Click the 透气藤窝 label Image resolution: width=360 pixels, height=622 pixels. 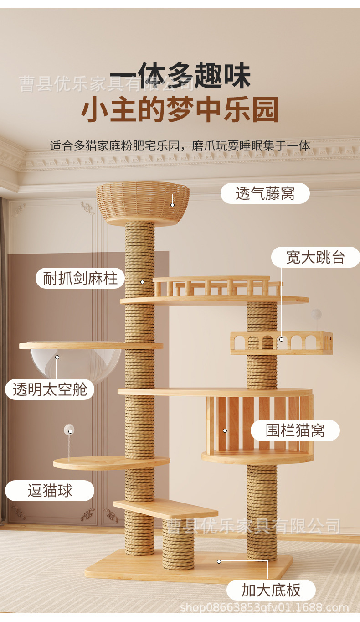pyautogui.click(x=265, y=194)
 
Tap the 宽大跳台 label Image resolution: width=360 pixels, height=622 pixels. pyautogui.click(x=315, y=257)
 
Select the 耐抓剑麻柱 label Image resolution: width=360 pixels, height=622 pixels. pyautogui.click(x=80, y=278)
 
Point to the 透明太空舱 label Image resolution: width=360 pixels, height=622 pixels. pyautogui.click(x=50, y=390)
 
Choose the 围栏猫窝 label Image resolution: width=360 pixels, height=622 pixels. pyautogui.click(x=295, y=430)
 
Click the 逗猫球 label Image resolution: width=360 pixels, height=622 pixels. pyautogui.click(x=50, y=491)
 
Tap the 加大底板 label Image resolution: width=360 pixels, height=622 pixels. pyautogui.click(x=271, y=590)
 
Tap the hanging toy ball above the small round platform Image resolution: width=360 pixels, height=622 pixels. pyautogui.click(x=69, y=429)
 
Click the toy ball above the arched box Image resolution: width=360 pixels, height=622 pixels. pyautogui.click(x=316, y=314)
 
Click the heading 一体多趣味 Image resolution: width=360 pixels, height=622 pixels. pyautogui.click(x=180, y=76)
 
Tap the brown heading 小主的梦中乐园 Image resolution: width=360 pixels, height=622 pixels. pyautogui.click(x=180, y=109)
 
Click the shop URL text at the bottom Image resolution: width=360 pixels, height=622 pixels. pyautogui.click(x=264, y=608)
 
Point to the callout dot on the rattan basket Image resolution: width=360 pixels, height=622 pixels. pyautogui.click(x=173, y=205)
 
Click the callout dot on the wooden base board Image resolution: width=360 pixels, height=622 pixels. pyautogui.click(x=219, y=561)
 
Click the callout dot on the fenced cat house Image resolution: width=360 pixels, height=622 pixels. pyautogui.click(x=225, y=430)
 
